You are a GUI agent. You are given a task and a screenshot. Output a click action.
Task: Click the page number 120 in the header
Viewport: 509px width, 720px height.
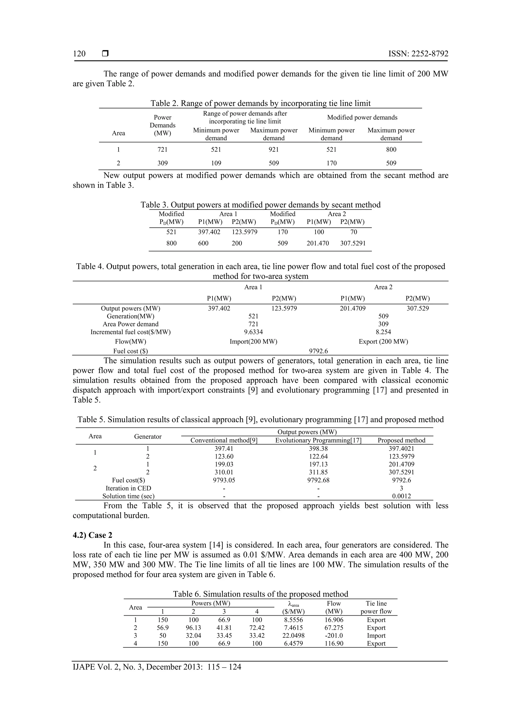click(79, 54)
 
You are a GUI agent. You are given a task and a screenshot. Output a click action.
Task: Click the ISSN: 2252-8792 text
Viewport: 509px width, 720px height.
click(418, 54)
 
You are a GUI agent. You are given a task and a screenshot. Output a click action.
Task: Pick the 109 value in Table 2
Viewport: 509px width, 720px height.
click(216, 163)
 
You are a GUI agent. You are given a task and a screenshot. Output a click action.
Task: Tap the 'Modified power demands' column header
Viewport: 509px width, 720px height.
click(362, 117)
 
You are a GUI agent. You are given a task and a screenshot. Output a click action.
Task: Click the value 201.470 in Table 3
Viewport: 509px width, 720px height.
click(317, 243)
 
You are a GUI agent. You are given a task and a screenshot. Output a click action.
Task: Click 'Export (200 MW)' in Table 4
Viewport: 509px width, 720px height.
click(383, 341)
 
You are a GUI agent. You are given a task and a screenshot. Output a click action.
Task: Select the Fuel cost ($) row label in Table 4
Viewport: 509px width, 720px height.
click(130, 351)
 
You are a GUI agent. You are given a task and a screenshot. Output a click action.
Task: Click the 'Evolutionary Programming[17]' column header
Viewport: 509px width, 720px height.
click(318, 440)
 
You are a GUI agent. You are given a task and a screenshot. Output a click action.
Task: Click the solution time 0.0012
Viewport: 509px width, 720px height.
click(401, 496)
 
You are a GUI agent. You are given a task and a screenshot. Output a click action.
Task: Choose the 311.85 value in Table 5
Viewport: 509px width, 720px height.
click(318, 472)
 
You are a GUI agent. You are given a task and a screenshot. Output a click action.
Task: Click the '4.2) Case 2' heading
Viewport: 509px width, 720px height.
click(92, 535)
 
